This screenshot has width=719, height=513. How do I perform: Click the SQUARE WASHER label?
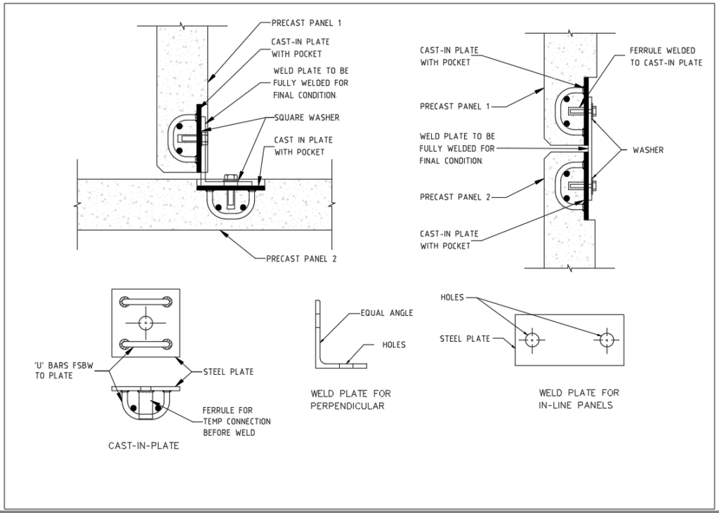[297, 117]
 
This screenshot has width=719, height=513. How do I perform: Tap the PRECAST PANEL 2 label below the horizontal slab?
[301, 258]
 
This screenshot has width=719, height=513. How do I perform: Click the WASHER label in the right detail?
[648, 149]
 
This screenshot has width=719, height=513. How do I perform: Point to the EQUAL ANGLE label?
[388, 313]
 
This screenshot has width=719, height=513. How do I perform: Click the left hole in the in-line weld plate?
[532, 340]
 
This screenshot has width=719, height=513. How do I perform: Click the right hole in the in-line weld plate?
[607, 340]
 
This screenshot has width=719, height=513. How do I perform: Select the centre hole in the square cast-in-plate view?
[145, 323]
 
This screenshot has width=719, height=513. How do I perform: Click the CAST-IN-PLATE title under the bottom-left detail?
[143, 445]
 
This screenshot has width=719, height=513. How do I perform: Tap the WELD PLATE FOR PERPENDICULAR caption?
[350, 399]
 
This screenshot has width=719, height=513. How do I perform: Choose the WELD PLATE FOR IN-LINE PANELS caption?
[579, 399]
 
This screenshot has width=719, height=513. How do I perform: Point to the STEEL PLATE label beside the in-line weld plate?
[465, 339]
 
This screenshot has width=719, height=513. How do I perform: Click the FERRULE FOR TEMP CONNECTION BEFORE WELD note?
[236, 421]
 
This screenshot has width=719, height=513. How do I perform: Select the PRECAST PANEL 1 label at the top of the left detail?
[306, 23]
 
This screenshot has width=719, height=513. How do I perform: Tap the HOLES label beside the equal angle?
[393, 345]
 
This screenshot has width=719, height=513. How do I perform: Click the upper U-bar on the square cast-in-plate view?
[145, 302]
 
